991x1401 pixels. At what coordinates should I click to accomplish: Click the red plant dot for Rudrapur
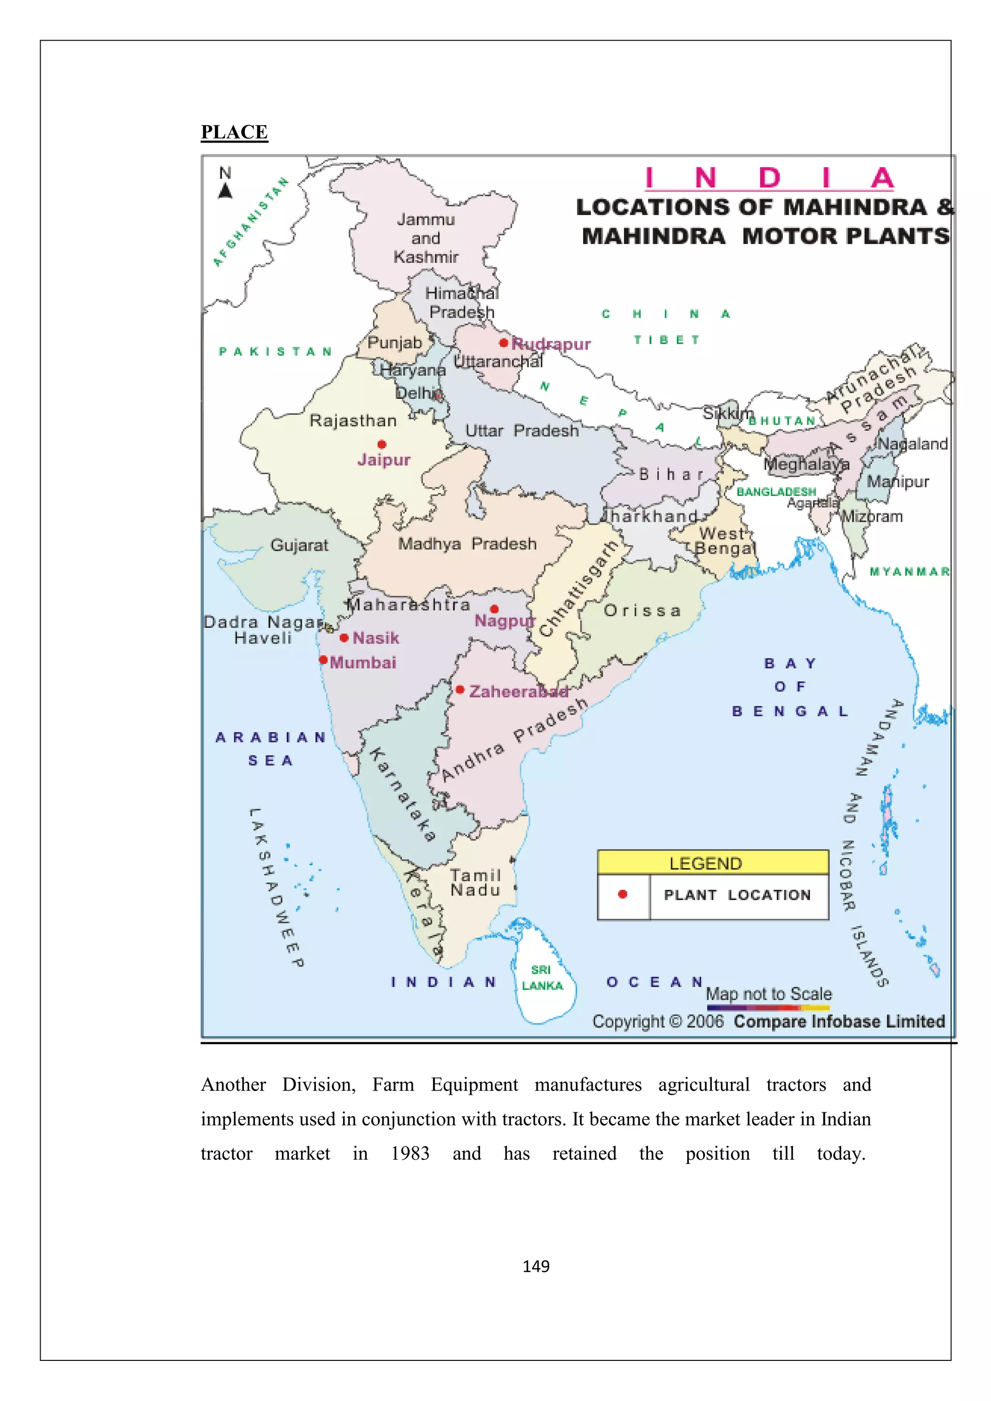503,343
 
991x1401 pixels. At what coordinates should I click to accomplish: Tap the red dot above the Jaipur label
382,444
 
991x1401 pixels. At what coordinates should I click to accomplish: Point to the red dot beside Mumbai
324,659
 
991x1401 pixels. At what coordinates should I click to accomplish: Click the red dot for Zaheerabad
460,689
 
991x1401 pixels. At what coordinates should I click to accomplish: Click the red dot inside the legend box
623,894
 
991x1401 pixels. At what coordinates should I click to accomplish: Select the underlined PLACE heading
235,132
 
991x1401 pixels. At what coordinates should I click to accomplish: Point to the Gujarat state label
299,545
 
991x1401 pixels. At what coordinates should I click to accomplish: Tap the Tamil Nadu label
476,883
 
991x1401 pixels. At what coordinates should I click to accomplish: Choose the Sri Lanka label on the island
541,978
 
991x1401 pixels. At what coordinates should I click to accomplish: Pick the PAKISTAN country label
275,351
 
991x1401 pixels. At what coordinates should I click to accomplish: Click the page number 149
536,1266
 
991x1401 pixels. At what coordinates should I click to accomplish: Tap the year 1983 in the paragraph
410,1153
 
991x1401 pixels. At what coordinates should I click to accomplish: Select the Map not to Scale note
769,993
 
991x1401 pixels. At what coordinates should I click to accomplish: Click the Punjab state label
394,342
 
